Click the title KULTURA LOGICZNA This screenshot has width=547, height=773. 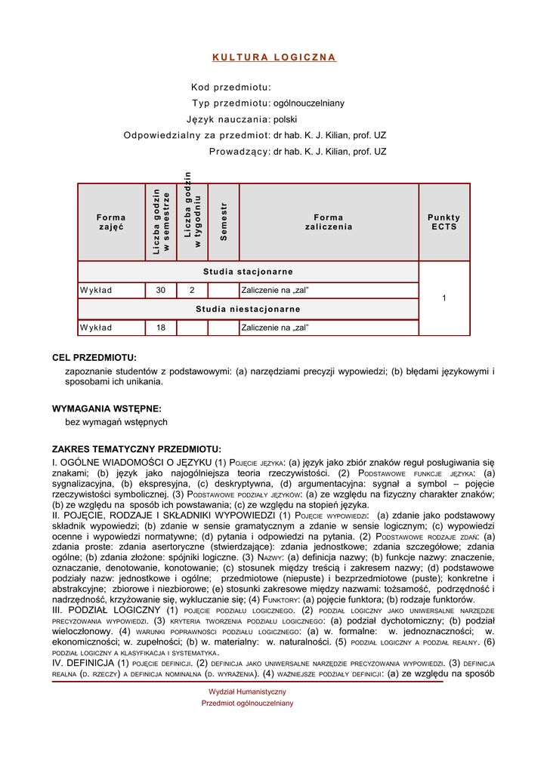click(273, 57)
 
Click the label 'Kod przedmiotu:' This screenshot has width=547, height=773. click(230, 88)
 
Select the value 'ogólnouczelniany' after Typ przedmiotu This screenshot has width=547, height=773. click(309, 103)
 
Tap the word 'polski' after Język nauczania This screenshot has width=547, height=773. click(286, 119)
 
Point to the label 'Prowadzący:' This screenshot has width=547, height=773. click(240, 152)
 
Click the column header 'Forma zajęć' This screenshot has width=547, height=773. click(111, 222)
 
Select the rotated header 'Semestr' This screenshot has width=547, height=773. click(224, 222)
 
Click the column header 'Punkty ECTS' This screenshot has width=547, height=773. click(443, 222)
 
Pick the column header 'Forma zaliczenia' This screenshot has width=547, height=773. click(328, 222)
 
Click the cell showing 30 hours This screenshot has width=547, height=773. click(161, 290)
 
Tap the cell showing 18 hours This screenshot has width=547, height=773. click(161, 328)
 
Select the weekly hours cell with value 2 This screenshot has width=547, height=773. click(192, 290)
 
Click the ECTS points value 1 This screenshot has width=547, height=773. click(443, 299)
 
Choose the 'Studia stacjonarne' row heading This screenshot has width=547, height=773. click(248, 272)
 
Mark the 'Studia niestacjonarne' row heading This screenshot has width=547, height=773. click(248, 309)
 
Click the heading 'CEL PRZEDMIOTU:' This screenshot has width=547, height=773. click(94, 358)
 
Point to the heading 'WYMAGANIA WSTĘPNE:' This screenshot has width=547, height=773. click(107, 408)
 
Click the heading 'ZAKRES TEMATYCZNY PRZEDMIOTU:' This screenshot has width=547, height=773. click(136, 449)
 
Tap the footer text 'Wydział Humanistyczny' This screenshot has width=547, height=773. click(247, 691)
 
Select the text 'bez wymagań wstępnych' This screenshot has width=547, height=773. click(116, 422)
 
